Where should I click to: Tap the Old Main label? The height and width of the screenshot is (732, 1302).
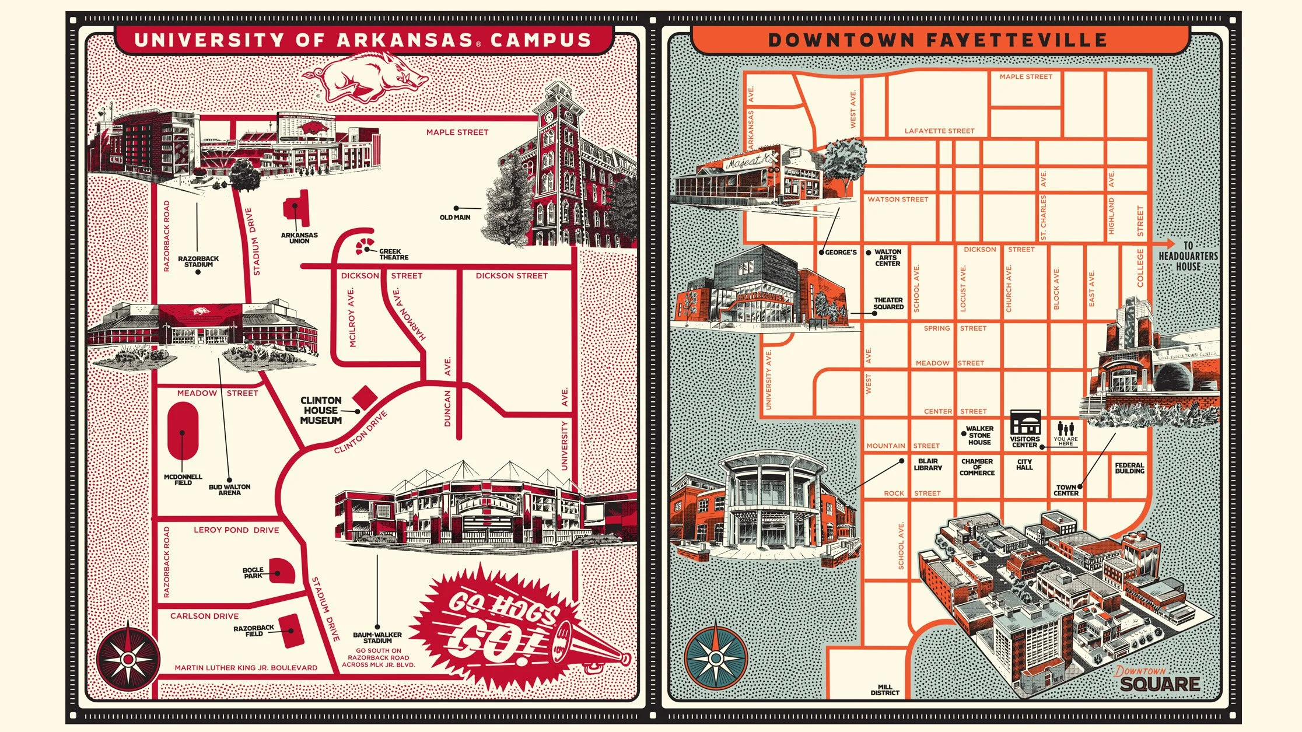pyautogui.click(x=455, y=218)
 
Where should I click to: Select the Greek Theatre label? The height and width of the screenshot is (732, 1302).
pyautogui.click(x=394, y=254)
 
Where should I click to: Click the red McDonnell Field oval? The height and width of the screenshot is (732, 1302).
pyautogui.click(x=183, y=432)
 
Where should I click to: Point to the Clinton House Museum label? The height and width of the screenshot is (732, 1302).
pyautogui.click(x=321, y=411)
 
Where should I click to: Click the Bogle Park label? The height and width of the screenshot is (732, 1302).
pyautogui.click(x=253, y=573)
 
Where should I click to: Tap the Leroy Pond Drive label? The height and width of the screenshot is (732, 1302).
pyautogui.click(x=236, y=530)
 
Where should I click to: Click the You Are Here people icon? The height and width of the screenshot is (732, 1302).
pyautogui.click(x=1066, y=429)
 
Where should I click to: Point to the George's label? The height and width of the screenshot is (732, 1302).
pyautogui.click(x=841, y=253)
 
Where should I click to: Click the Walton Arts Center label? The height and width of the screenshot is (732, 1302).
pyautogui.click(x=888, y=258)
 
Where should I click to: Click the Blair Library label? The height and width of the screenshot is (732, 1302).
pyautogui.click(x=928, y=464)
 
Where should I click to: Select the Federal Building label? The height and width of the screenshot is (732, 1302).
pyautogui.click(x=1129, y=468)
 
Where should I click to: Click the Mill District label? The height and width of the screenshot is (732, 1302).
pyautogui.click(x=885, y=690)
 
